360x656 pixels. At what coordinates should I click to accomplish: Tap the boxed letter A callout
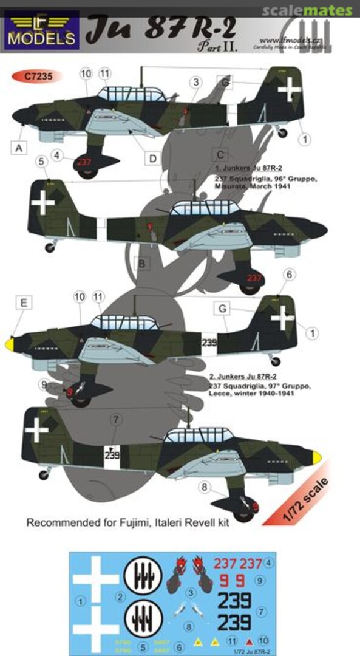pyautogui.click(x=19, y=147)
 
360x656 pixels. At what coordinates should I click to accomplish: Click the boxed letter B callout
pyautogui.click(x=140, y=263)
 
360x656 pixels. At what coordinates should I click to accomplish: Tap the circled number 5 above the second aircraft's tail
pyautogui.click(x=41, y=162)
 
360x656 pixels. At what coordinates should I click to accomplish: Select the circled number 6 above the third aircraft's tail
pyautogui.click(x=289, y=275)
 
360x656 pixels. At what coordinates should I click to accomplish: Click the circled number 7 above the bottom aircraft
pyautogui.click(x=116, y=420)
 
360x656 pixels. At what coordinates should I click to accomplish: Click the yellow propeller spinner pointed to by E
pyautogui.click(x=10, y=344)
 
